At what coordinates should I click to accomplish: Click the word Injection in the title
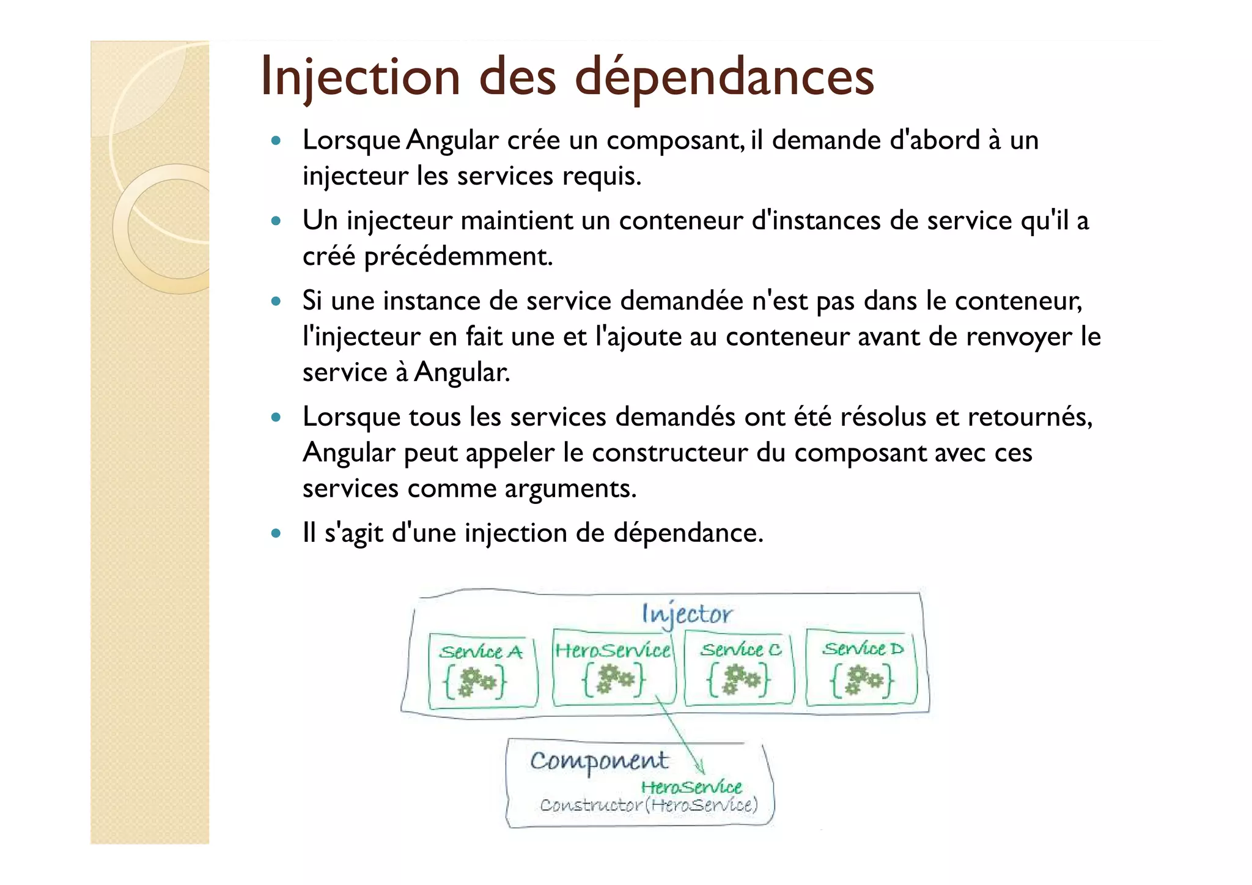pyautogui.click(x=360, y=78)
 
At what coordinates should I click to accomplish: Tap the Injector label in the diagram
pyautogui.click(x=686, y=614)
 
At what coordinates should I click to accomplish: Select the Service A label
pyautogui.click(x=481, y=652)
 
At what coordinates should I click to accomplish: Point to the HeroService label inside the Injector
pyautogui.click(x=613, y=650)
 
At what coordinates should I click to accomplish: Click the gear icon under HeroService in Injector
pyautogui.click(x=614, y=679)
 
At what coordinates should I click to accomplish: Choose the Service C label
pyautogui.click(x=740, y=650)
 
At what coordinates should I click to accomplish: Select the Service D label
pyautogui.click(x=862, y=648)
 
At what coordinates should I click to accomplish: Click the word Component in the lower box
pyautogui.click(x=599, y=761)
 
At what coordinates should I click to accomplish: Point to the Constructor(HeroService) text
pyautogui.click(x=649, y=805)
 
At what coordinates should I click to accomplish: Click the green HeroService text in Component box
pyautogui.click(x=691, y=787)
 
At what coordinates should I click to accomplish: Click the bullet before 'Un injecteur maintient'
pyautogui.click(x=276, y=221)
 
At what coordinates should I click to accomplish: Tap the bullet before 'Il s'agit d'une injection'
pyautogui.click(x=276, y=533)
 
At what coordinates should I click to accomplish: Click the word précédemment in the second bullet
pyautogui.click(x=458, y=256)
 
